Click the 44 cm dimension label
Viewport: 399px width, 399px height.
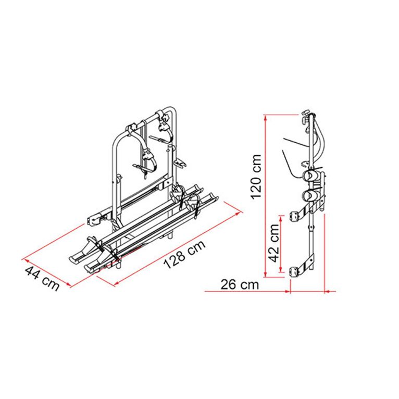tap(42, 278)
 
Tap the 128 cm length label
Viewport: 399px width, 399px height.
tap(184, 255)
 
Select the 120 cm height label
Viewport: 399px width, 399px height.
tap(256, 177)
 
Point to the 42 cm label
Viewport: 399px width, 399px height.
tap(275, 243)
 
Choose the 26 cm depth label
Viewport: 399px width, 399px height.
tap(240, 284)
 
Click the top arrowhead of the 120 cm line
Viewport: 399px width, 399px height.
tap(266, 117)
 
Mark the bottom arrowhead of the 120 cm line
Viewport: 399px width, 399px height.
tap(266, 275)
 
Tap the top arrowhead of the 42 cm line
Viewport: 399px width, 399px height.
tap(281, 218)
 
